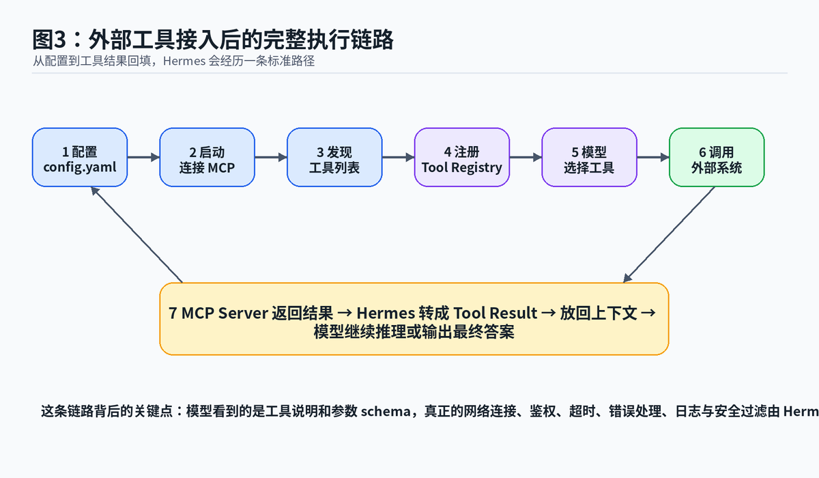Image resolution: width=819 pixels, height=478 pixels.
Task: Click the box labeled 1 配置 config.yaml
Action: click(x=80, y=157)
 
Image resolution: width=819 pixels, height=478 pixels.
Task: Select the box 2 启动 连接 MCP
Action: click(x=207, y=157)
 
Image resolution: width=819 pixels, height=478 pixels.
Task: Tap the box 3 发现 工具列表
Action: click(x=334, y=157)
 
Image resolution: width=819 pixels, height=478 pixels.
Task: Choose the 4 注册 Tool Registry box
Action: click(x=462, y=157)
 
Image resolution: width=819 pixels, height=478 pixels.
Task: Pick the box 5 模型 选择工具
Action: click(x=590, y=157)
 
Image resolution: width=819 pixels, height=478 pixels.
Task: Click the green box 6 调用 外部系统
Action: click(x=717, y=157)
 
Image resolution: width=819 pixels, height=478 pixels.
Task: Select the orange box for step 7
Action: click(x=414, y=319)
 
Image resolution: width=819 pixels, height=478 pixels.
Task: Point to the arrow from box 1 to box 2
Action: click(x=144, y=157)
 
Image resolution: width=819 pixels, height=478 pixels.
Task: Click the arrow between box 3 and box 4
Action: click(x=399, y=157)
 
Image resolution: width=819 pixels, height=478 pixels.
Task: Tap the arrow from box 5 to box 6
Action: click(x=653, y=157)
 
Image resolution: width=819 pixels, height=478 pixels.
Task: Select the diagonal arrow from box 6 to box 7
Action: click(x=669, y=234)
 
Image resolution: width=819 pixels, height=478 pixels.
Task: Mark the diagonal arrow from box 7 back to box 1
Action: click(x=136, y=234)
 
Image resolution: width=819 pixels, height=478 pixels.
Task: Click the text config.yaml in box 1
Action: click(x=80, y=167)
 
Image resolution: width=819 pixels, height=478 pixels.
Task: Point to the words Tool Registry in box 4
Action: click(x=462, y=167)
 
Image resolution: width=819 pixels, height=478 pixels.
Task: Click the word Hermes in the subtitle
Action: click(x=184, y=61)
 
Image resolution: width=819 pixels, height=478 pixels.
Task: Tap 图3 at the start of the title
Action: click(x=49, y=40)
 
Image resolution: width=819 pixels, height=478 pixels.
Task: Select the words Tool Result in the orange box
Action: click(x=495, y=313)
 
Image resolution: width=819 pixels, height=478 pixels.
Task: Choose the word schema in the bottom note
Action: click(x=386, y=412)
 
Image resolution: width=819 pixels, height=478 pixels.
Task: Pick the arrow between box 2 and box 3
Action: click(x=271, y=157)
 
